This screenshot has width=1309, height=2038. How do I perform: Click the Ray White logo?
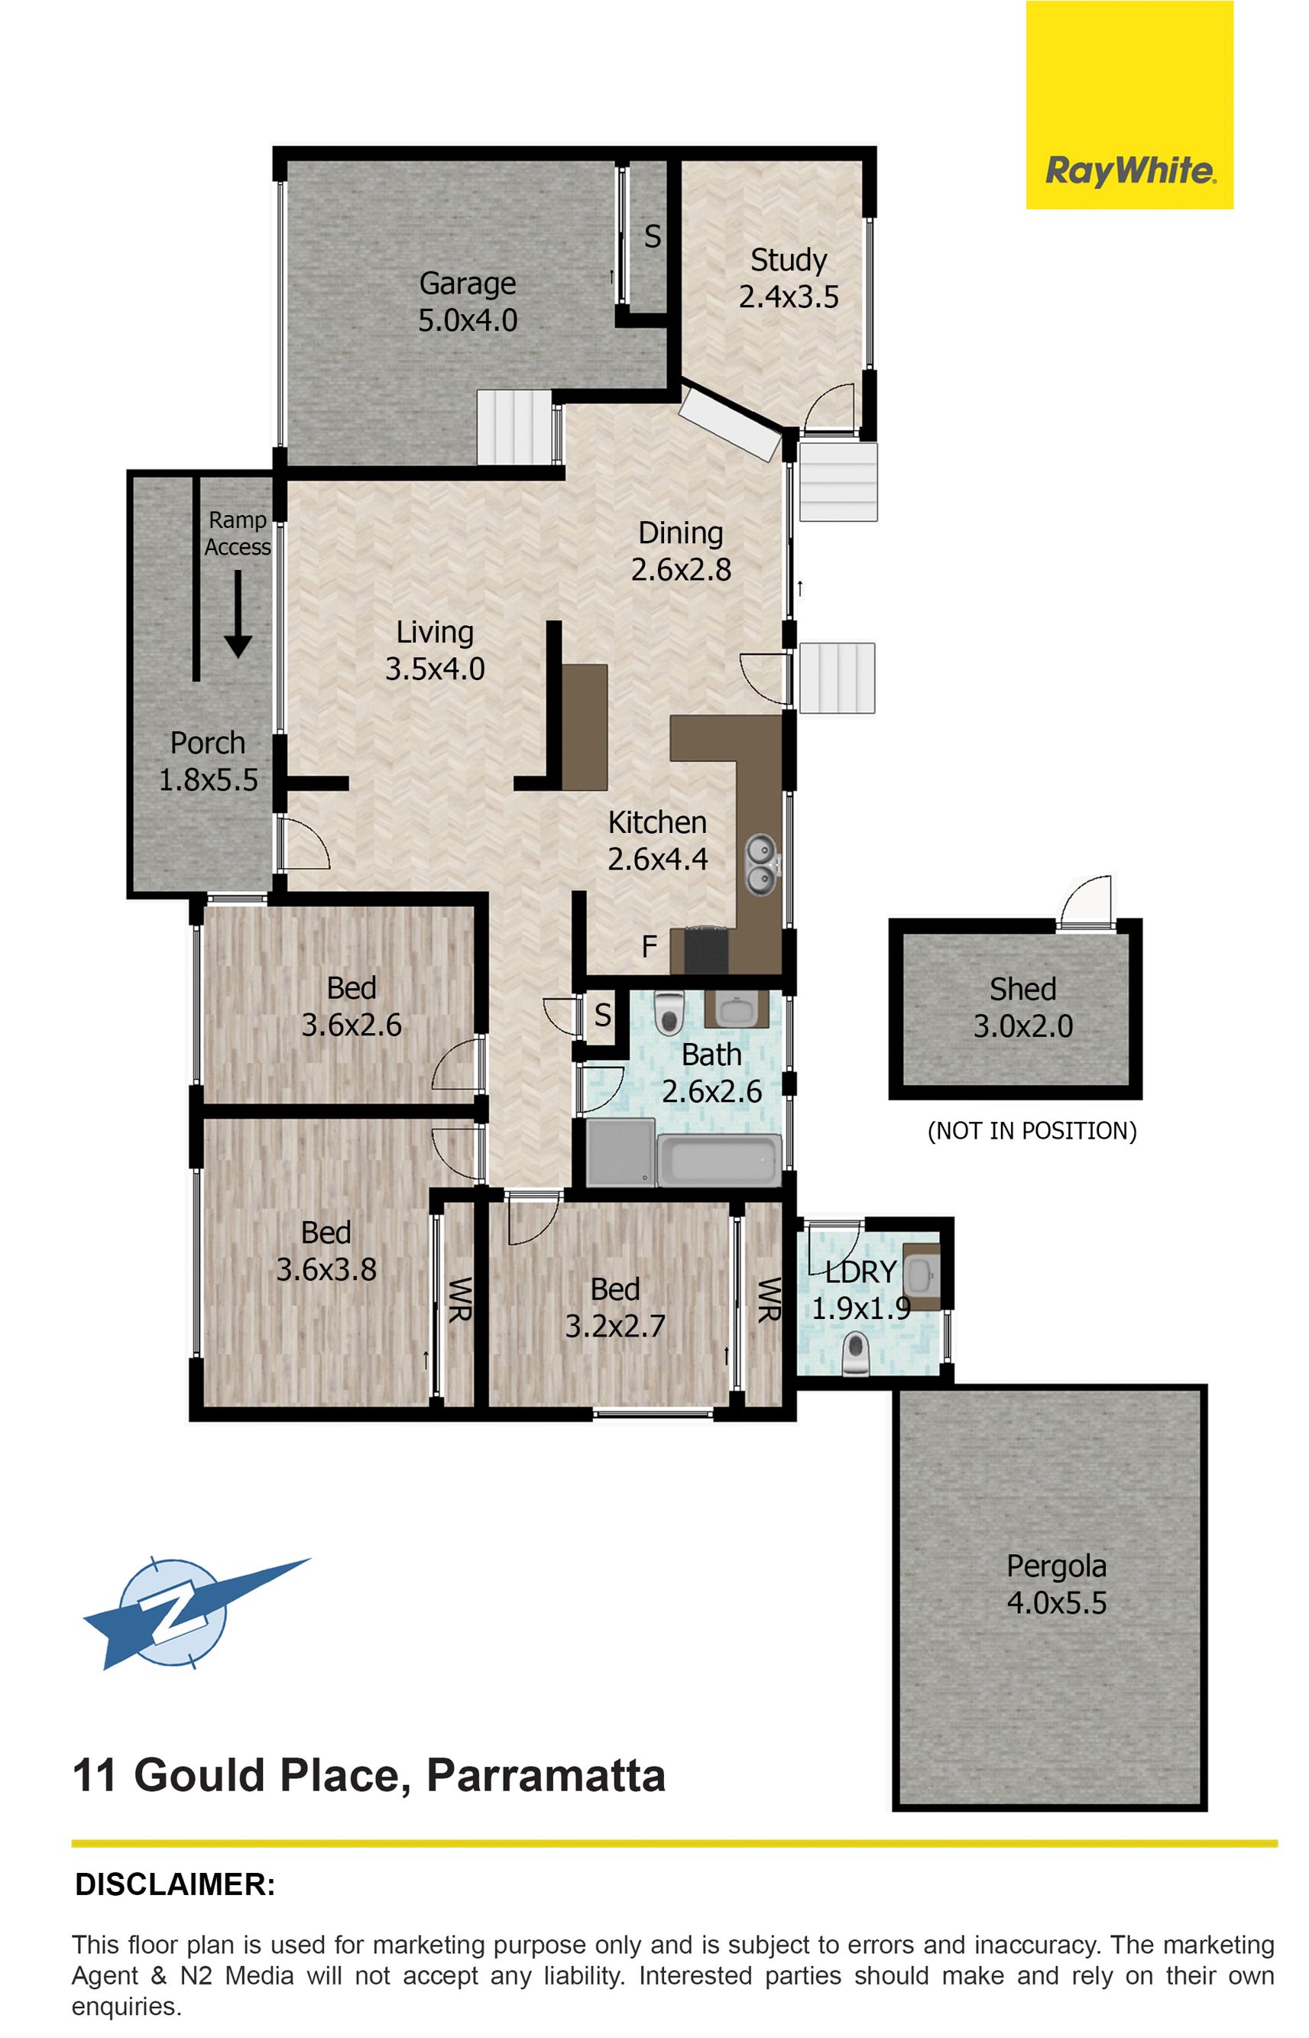coord(1129,105)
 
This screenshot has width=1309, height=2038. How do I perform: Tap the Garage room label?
coord(468,302)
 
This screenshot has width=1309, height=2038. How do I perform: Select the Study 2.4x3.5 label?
coord(789,278)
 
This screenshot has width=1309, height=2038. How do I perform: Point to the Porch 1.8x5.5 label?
coord(209,760)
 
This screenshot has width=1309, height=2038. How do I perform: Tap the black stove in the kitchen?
coord(706,949)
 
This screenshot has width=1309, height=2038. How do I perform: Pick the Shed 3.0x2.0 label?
coord(1022,1008)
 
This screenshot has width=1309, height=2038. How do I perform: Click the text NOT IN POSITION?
coord(1032,1131)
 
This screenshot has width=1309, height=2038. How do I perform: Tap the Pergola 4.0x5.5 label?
coord(1057,1584)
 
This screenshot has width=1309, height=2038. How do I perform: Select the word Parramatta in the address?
coord(546,1775)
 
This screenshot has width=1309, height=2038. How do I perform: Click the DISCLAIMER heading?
coord(175,1884)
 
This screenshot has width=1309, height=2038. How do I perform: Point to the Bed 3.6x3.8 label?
coord(326,1251)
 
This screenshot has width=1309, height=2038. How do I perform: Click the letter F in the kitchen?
coord(650,947)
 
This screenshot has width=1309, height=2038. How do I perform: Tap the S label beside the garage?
coord(652,236)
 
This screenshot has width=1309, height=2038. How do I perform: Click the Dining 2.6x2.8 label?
coord(681,551)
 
